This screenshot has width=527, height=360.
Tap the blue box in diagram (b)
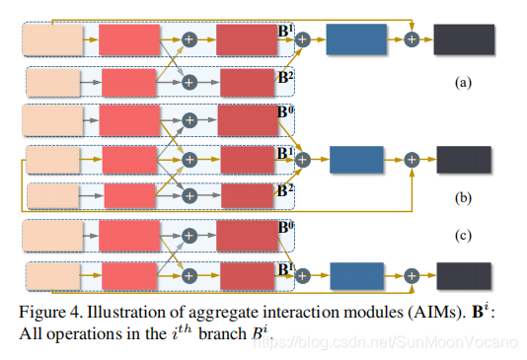pyautogui.click(x=357, y=159)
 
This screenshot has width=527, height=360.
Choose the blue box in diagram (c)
pyautogui.click(x=357, y=277)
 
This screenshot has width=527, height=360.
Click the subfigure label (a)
pyautogui.click(x=462, y=84)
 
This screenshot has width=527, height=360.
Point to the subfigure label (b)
pyautogui.click(x=462, y=197)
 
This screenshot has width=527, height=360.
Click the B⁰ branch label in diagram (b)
pyautogui.click(x=286, y=111)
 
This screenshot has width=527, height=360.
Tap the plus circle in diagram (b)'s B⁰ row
pyautogui.click(x=190, y=119)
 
